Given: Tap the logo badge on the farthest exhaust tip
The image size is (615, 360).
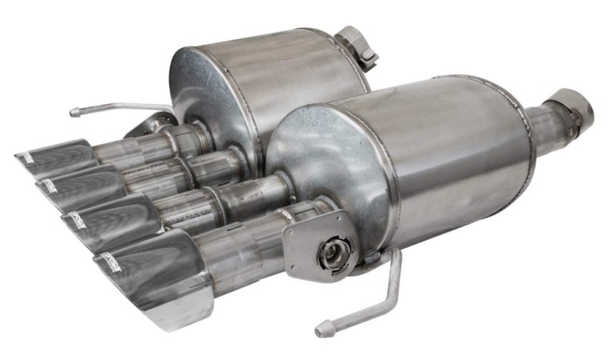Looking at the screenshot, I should (25, 158).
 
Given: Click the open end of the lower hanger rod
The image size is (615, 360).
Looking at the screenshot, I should (321, 332).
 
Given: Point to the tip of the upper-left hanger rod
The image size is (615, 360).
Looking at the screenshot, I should (75, 112).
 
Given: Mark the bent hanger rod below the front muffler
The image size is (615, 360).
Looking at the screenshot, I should (377, 300).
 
